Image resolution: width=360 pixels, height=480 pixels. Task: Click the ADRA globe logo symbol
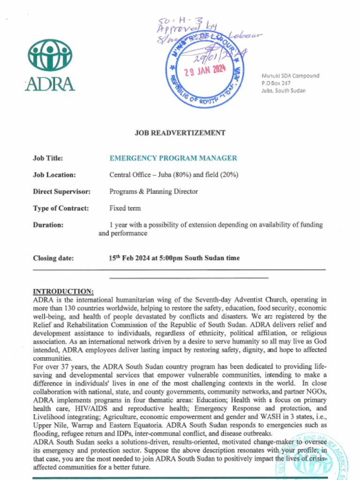[50, 55]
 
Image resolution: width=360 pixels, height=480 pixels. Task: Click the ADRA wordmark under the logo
[50, 83]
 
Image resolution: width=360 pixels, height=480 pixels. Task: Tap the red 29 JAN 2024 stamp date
[205, 71]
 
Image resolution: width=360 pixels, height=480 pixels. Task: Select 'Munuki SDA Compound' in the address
[290, 75]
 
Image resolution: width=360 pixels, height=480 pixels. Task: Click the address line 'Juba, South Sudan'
[283, 90]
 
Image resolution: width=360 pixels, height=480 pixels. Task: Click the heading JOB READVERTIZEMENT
[180, 133]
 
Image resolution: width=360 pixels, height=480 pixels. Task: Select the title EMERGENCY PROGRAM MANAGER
[173, 158]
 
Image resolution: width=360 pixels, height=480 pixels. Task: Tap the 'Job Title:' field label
[48, 158]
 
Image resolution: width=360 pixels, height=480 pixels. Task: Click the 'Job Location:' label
[54, 175]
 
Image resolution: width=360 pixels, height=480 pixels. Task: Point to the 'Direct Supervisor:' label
[61, 191]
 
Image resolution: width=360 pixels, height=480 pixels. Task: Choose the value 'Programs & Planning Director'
[153, 191]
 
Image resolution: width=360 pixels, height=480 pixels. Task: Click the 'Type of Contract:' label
[60, 208]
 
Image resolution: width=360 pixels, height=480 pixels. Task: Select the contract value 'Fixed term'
[125, 208]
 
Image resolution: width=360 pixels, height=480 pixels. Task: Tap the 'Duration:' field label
[48, 225]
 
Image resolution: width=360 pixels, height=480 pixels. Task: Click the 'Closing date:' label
[53, 258]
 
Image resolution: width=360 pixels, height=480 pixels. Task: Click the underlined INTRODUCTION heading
[63, 291]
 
